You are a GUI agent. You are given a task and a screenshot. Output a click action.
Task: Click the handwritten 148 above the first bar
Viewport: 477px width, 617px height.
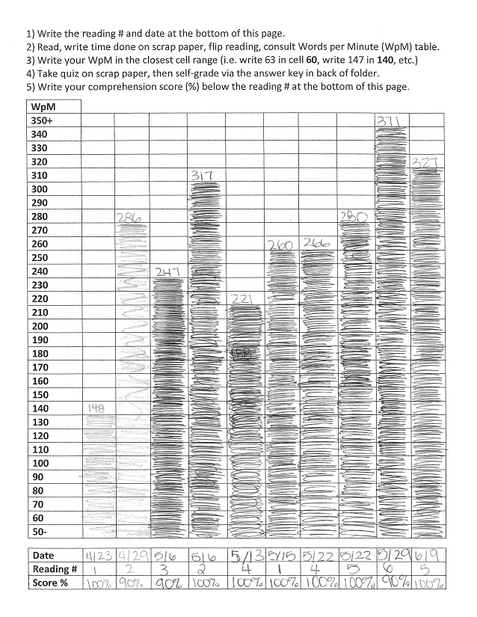pyautogui.click(x=95, y=408)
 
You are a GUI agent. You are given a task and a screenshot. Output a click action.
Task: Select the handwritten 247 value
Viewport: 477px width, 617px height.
pyautogui.click(x=167, y=272)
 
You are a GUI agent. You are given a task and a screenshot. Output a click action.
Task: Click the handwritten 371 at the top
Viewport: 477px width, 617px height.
pyautogui.click(x=389, y=121)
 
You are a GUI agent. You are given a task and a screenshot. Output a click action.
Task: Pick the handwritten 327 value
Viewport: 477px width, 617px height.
pyautogui.click(x=427, y=162)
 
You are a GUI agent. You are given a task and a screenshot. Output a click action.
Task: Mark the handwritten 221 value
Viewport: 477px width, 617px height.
pyautogui.click(x=241, y=299)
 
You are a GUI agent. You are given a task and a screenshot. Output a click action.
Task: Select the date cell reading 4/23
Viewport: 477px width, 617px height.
pyautogui.click(x=95, y=556)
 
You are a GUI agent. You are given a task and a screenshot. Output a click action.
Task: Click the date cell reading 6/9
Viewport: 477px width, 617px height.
pyautogui.click(x=427, y=556)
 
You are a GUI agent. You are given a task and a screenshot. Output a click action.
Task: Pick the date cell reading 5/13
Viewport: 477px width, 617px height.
pyautogui.click(x=241, y=556)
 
